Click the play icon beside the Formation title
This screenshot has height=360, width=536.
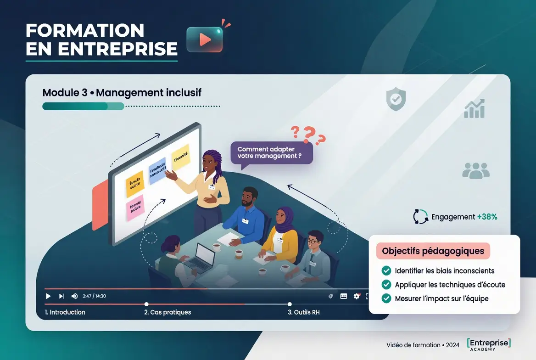point(205,39)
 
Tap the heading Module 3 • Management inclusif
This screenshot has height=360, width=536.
point(122,93)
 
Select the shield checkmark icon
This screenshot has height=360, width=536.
point(396,99)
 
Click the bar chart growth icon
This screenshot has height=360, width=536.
point(475,108)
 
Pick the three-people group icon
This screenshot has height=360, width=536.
point(475,170)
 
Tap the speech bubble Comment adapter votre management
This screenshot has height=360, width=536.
point(272,152)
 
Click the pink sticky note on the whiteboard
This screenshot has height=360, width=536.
point(135,207)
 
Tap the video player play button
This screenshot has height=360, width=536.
point(48,296)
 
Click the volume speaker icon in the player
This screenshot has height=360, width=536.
point(74,296)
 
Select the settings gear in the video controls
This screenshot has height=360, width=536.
point(356,296)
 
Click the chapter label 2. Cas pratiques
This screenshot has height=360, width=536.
point(167,312)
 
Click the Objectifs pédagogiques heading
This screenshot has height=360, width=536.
point(433,251)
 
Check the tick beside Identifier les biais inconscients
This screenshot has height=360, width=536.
point(386,271)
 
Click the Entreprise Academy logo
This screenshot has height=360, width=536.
point(488,344)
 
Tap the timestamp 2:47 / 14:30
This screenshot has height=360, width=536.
point(94,296)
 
